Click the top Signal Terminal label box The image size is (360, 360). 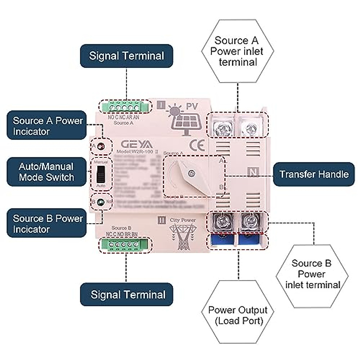[126, 56]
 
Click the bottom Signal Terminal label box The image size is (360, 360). [126, 294]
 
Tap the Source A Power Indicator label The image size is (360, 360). [46, 125]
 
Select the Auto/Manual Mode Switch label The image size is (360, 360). [46, 172]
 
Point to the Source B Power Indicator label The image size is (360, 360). [46, 223]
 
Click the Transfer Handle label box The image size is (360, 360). [313, 174]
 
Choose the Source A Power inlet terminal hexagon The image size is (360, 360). [237, 51]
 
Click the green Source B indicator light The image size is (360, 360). [100, 202]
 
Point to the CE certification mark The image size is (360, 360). [197, 145]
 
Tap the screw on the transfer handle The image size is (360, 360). [190, 173]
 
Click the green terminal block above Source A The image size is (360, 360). [124, 107]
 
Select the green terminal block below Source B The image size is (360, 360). [124, 244]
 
